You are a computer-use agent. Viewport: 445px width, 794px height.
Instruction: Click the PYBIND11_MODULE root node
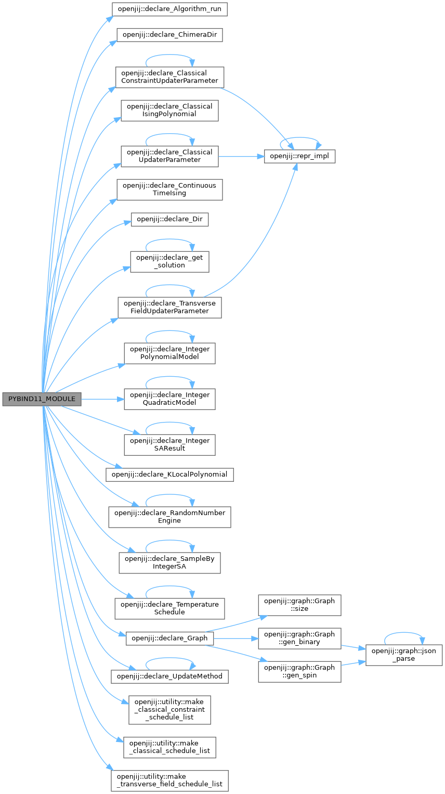42,399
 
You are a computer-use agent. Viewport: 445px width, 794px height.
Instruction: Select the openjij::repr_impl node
299,156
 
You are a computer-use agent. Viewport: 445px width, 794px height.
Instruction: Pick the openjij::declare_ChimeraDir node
169,36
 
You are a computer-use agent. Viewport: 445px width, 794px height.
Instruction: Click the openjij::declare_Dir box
169,220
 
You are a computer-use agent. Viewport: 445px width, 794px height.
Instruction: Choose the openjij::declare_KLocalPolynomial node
169,475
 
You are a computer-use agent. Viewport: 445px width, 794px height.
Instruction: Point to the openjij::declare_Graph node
169,638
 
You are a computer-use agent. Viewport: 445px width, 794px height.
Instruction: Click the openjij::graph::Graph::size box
299,605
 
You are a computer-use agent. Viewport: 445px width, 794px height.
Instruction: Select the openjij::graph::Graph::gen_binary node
299,638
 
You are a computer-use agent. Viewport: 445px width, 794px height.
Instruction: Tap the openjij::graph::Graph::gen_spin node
299,671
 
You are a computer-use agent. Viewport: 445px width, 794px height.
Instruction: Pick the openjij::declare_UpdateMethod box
169,676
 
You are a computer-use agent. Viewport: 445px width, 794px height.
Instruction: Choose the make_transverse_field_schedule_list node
169,780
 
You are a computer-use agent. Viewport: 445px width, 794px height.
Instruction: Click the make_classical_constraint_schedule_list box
169,709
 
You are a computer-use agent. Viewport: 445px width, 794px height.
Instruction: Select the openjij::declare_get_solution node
169,261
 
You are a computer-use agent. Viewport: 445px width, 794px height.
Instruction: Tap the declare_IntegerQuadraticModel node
169,399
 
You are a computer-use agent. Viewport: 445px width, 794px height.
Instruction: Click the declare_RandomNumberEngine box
169,516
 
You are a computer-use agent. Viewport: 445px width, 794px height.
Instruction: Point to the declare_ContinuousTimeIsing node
169,189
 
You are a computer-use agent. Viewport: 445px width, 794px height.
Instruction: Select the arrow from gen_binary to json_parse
354,647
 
